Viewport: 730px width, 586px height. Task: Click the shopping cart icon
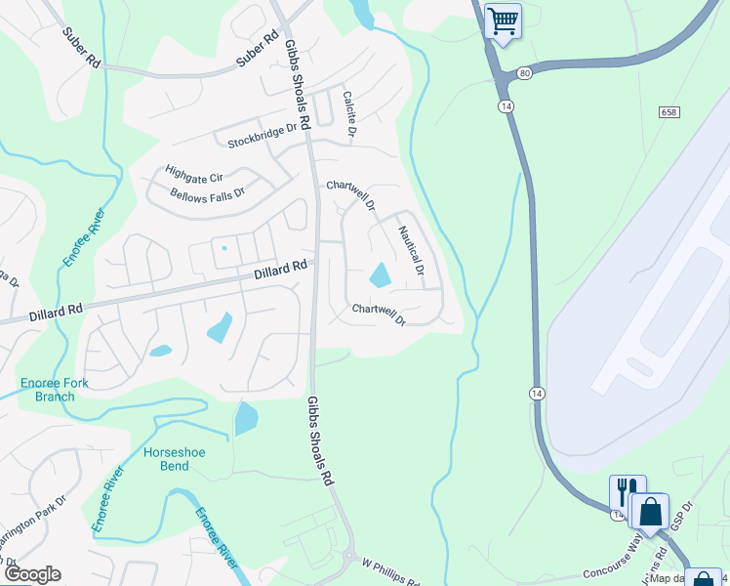click(x=504, y=21)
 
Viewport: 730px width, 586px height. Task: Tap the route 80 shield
click(x=525, y=72)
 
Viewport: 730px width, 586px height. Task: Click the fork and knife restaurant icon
click(x=628, y=491)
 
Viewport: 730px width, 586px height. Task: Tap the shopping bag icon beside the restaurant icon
click(x=650, y=511)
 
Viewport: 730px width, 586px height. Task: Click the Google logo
click(x=31, y=574)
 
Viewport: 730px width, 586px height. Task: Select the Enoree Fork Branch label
click(x=55, y=390)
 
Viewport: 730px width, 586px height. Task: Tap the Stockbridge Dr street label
click(x=262, y=137)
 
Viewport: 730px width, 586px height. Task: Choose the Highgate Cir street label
click(x=194, y=173)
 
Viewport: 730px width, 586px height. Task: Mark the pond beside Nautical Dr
click(x=379, y=274)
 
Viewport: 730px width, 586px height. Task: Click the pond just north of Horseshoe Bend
click(x=246, y=419)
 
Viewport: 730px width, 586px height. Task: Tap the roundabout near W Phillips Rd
click(x=348, y=558)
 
